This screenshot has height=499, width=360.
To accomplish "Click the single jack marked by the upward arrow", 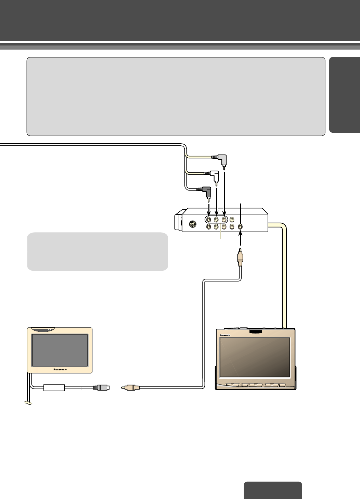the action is (240, 226).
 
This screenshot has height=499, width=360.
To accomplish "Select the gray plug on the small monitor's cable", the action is (102, 388).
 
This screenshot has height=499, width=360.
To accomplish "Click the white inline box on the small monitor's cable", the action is (54, 388).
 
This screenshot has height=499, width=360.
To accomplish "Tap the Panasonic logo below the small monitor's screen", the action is (60, 369).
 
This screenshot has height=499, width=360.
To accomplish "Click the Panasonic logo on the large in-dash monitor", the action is (225, 335).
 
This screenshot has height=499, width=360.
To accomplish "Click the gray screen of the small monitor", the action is (60, 350).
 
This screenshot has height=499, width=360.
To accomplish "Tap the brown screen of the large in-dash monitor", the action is (255, 357).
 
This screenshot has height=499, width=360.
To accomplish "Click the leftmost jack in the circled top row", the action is (209, 220).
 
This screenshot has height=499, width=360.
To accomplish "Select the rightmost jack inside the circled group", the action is (224, 220).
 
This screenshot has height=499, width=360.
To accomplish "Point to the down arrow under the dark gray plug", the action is (209, 209).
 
